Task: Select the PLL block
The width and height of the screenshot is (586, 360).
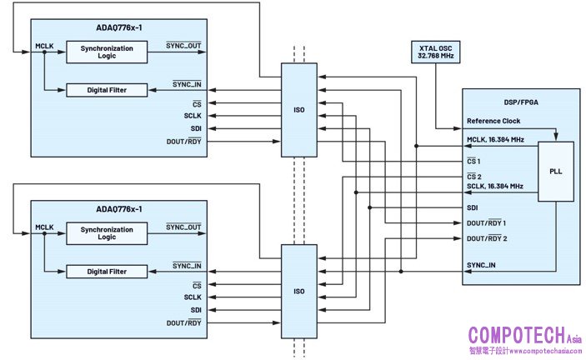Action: pyautogui.click(x=555, y=172)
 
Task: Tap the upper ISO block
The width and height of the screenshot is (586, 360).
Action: pyautogui.click(x=298, y=109)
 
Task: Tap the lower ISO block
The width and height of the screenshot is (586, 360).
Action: pyautogui.click(x=298, y=291)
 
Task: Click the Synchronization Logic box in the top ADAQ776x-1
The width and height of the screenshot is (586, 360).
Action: pyautogui.click(x=107, y=52)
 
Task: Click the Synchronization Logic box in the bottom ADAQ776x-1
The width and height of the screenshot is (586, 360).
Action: pyautogui.click(x=107, y=232)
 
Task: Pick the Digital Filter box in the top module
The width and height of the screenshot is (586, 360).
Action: pyautogui.click(x=107, y=90)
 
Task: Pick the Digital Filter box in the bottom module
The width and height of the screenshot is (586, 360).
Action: pyautogui.click(x=107, y=272)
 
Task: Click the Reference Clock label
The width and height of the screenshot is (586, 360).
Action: pyautogui.click(x=493, y=121)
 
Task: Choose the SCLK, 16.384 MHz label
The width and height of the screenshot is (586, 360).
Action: pyautogui.click(x=495, y=186)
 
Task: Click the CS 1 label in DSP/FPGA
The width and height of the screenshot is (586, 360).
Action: pyautogui.click(x=474, y=160)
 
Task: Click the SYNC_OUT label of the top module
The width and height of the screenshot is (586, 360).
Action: pyautogui.click(x=183, y=45)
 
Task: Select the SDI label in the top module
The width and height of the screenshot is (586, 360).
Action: pyautogui.click(x=196, y=128)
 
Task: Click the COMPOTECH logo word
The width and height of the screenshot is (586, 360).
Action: pyautogui.click(x=518, y=335)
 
